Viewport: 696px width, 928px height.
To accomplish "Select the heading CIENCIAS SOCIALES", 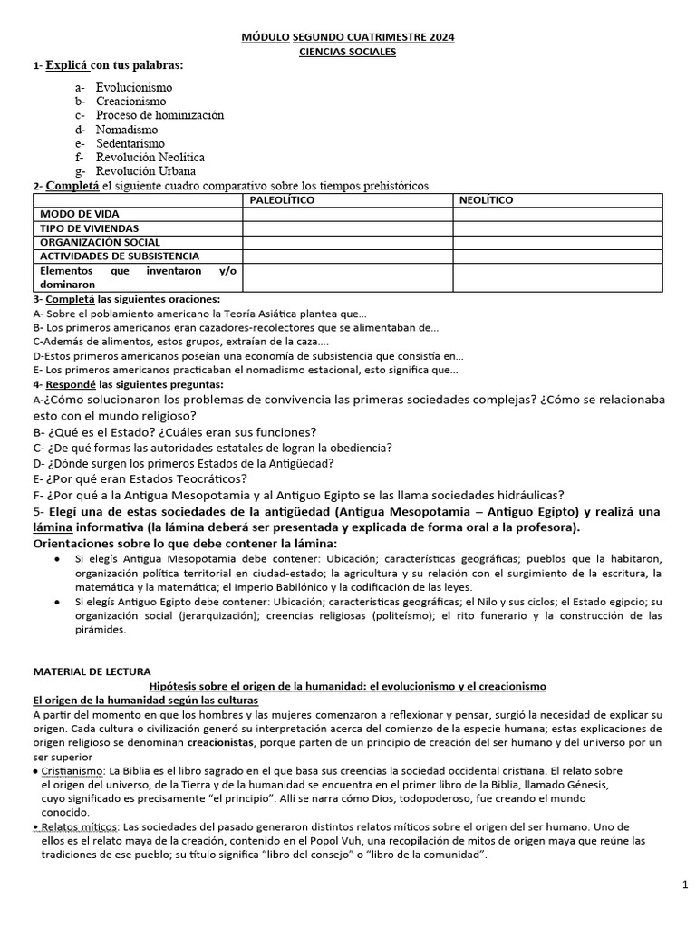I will pos(348,52).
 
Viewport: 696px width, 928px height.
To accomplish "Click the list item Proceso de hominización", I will pos(159,115).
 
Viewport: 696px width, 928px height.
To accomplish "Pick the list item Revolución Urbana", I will pos(145,170).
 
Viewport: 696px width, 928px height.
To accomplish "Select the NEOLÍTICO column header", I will pos(486,199).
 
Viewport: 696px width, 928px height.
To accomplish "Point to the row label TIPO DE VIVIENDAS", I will pos(90,228).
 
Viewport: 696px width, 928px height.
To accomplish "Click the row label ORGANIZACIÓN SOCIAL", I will pos(101,242).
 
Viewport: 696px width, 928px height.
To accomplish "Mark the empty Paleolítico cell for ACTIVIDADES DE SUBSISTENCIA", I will pos(348,256).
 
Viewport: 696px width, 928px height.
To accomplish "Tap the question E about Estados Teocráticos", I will pos(140,478).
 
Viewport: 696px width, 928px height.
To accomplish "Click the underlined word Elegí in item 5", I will pos(62,511).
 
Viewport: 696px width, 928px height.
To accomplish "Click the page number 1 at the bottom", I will pos(684,884).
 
